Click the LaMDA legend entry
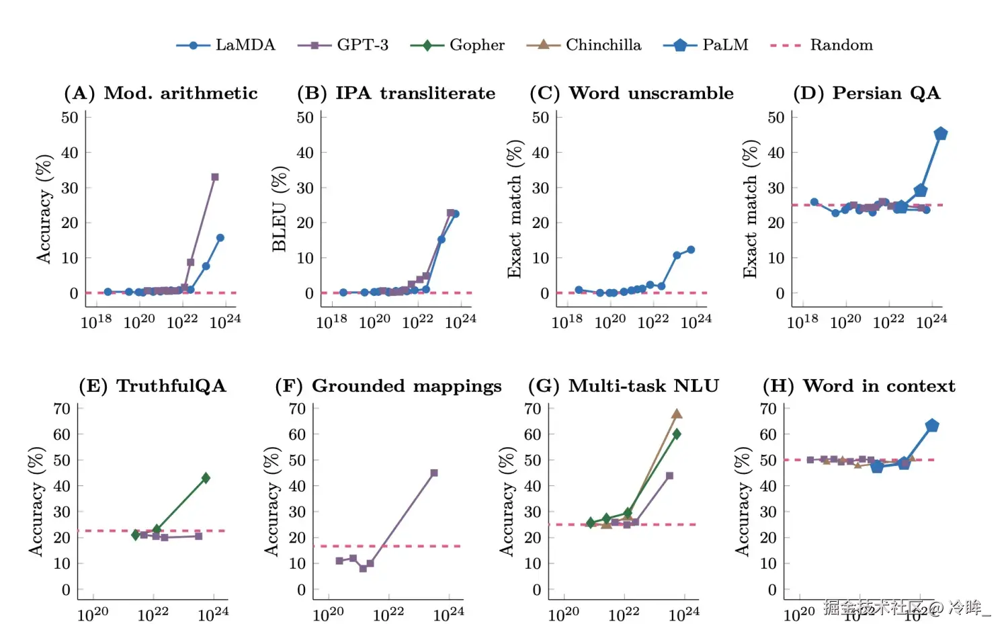pyautogui.click(x=226, y=45)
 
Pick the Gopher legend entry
pyautogui.click(x=458, y=45)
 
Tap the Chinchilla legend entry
pyautogui.click(x=584, y=45)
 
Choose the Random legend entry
pyautogui.click(x=821, y=45)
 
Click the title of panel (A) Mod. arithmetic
pyautogui.click(x=161, y=93)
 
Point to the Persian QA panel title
pyautogui.click(x=866, y=93)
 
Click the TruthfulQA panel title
pyautogui.click(x=153, y=386)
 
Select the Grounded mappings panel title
pyautogui.click(x=388, y=386)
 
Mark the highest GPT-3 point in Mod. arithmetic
pyautogui.click(x=215, y=177)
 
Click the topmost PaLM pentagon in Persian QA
pyautogui.click(x=941, y=134)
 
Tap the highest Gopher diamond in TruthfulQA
pyautogui.click(x=206, y=478)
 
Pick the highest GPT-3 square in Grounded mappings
pyautogui.click(x=434, y=473)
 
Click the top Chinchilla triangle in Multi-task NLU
pyautogui.click(x=677, y=414)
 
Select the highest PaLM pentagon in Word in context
pyautogui.click(x=932, y=426)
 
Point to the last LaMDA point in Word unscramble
pyautogui.click(x=691, y=249)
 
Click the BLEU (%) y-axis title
pyautogui.click(x=280, y=208)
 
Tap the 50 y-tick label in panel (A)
pyautogui.click(x=70, y=118)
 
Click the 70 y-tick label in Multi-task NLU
pyautogui.click(x=533, y=409)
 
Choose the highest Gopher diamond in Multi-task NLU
pyautogui.click(x=677, y=434)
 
